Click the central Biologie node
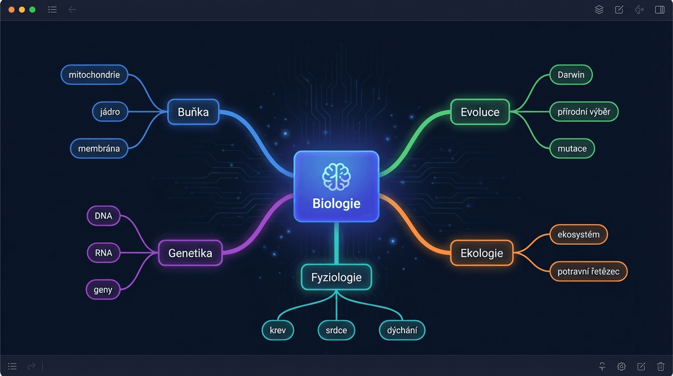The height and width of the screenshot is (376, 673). click(336, 187)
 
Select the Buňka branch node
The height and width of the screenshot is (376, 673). click(193, 112)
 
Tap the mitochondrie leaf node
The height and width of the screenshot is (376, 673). click(94, 75)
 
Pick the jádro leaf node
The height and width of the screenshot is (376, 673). click(110, 112)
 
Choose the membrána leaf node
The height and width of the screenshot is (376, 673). click(99, 148)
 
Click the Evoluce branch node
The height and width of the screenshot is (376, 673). click(480, 112)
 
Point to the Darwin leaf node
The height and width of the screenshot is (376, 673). click(571, 75)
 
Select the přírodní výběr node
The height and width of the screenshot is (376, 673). click(584, 112)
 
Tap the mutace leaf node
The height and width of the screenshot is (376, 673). click(572, 148)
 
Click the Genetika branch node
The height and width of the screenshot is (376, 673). click(190, 253)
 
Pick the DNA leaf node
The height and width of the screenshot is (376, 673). click(103, 216)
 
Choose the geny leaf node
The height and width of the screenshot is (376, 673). click(103, 289)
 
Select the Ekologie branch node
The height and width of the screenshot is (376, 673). click(482, 253)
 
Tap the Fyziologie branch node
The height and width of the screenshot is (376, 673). click(336, 278)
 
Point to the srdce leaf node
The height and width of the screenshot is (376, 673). click(336, 330)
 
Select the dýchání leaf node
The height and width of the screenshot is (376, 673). click(402, 330)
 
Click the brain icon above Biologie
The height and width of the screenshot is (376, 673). click(336, 177)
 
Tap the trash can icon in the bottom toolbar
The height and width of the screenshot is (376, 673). click(660, 366)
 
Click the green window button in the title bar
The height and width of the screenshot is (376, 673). click(32, 10)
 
